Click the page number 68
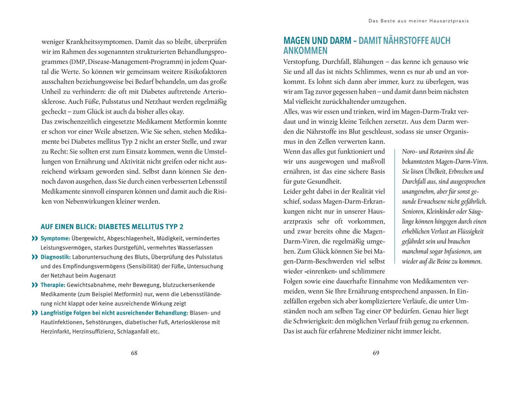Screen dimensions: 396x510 tap(134, 353)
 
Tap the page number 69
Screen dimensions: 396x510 tap(376, 353)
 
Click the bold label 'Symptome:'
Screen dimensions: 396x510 tap(55, 239)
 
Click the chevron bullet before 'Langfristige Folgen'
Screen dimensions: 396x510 tap(35, 313)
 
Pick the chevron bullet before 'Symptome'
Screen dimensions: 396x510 tap(35, 239)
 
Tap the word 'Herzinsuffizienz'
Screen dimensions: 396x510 tap(89, 332)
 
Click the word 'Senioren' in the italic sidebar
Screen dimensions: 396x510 tap(415, 211)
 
